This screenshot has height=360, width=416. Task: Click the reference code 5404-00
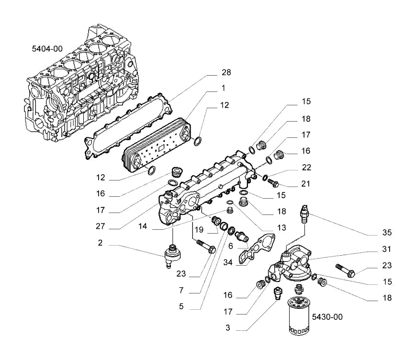47,49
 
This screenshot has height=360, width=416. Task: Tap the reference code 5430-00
327,317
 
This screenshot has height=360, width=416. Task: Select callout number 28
226,72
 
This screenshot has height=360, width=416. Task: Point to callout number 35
387,232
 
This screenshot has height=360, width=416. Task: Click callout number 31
386,249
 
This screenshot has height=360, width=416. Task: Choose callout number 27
100,226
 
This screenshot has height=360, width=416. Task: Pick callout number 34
228,262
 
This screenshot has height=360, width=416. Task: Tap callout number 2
100,243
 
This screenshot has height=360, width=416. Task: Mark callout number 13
281,227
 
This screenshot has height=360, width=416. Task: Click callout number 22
306,167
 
